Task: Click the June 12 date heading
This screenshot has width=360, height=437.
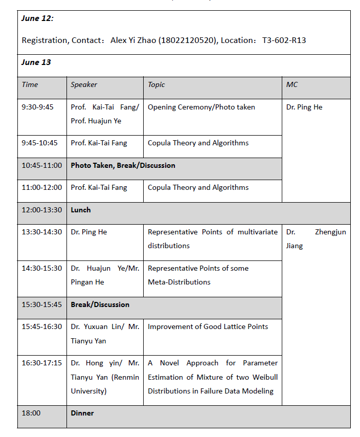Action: pos(37,18)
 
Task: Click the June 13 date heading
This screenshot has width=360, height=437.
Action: pos(36,62)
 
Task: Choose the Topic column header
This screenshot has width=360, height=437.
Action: pos(156,84)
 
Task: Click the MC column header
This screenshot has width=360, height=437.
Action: pos(291,84)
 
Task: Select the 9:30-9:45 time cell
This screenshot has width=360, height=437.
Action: pos(37,107)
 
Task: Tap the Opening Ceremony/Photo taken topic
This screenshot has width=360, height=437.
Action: pos(201,107)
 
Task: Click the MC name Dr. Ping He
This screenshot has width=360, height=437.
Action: pos(304,107)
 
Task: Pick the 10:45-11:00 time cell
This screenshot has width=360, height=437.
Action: pos(41,165)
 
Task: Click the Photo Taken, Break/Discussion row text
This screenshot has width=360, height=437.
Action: pos(123,165)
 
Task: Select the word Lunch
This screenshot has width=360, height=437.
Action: pos(81,210)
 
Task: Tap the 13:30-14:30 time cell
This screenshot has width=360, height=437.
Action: pos(41,232)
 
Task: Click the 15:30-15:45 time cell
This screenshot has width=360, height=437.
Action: pos(41,304)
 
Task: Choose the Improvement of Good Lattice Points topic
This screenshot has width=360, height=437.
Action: pos(208,326)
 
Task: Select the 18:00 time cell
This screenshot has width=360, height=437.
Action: pos(30,413)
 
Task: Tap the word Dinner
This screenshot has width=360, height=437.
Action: pos(82,413)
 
